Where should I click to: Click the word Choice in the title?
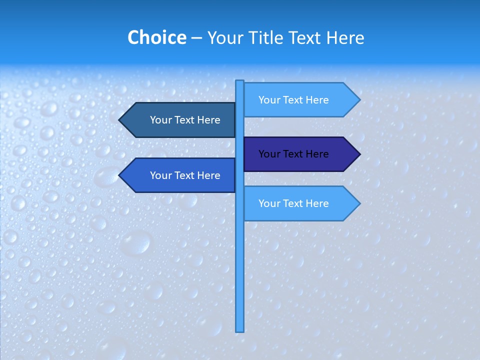pyautogui.click(x=156, y=37)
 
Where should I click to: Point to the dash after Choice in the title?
pyautogui.click(x=196, y=38)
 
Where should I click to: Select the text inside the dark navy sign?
pyautogui.click(x=293, y=154)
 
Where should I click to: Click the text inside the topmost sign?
pyautogui.click(x=293, y=100)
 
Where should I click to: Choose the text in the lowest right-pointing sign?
pyautogui.click(x=293, y=203)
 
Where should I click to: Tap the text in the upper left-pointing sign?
pyautogui.click(x=185, y=120)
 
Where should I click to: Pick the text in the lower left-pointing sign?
pyautogui.click(x=185, y=175)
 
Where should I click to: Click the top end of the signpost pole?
pyautogui.click(x=239, y=81)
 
